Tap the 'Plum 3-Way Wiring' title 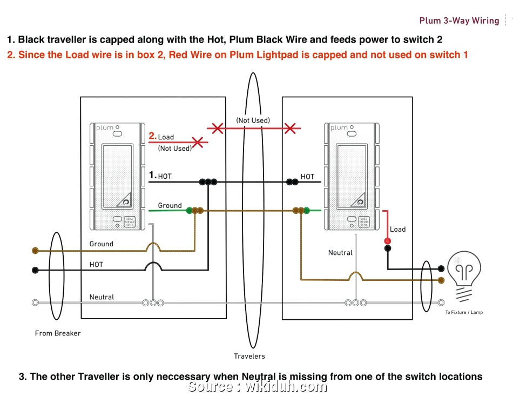(x=459, y=21)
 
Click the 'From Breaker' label (x=58, y=333)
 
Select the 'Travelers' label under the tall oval (x=249, y=356)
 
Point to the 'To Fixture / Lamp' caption (x=464, y=313)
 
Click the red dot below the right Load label (x=388, y=241)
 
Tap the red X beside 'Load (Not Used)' (x=198, y=143)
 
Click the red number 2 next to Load (x=152, y=137)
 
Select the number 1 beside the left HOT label (x=152, y=175)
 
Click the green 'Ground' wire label (x=170, y=206)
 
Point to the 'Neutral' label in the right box (x=340, y=253)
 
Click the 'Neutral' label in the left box (x=102, y=297)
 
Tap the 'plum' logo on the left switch (x=105, y=128)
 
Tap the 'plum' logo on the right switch (x=339, y=128)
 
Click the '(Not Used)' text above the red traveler (x=253, y=120)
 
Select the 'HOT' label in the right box (x=307, y=177)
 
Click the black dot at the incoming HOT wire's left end (x=36, y=270)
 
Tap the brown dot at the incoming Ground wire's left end (x=36, y=251)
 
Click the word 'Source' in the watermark (x=211, y=387)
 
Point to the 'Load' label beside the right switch (x=397, y=230)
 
